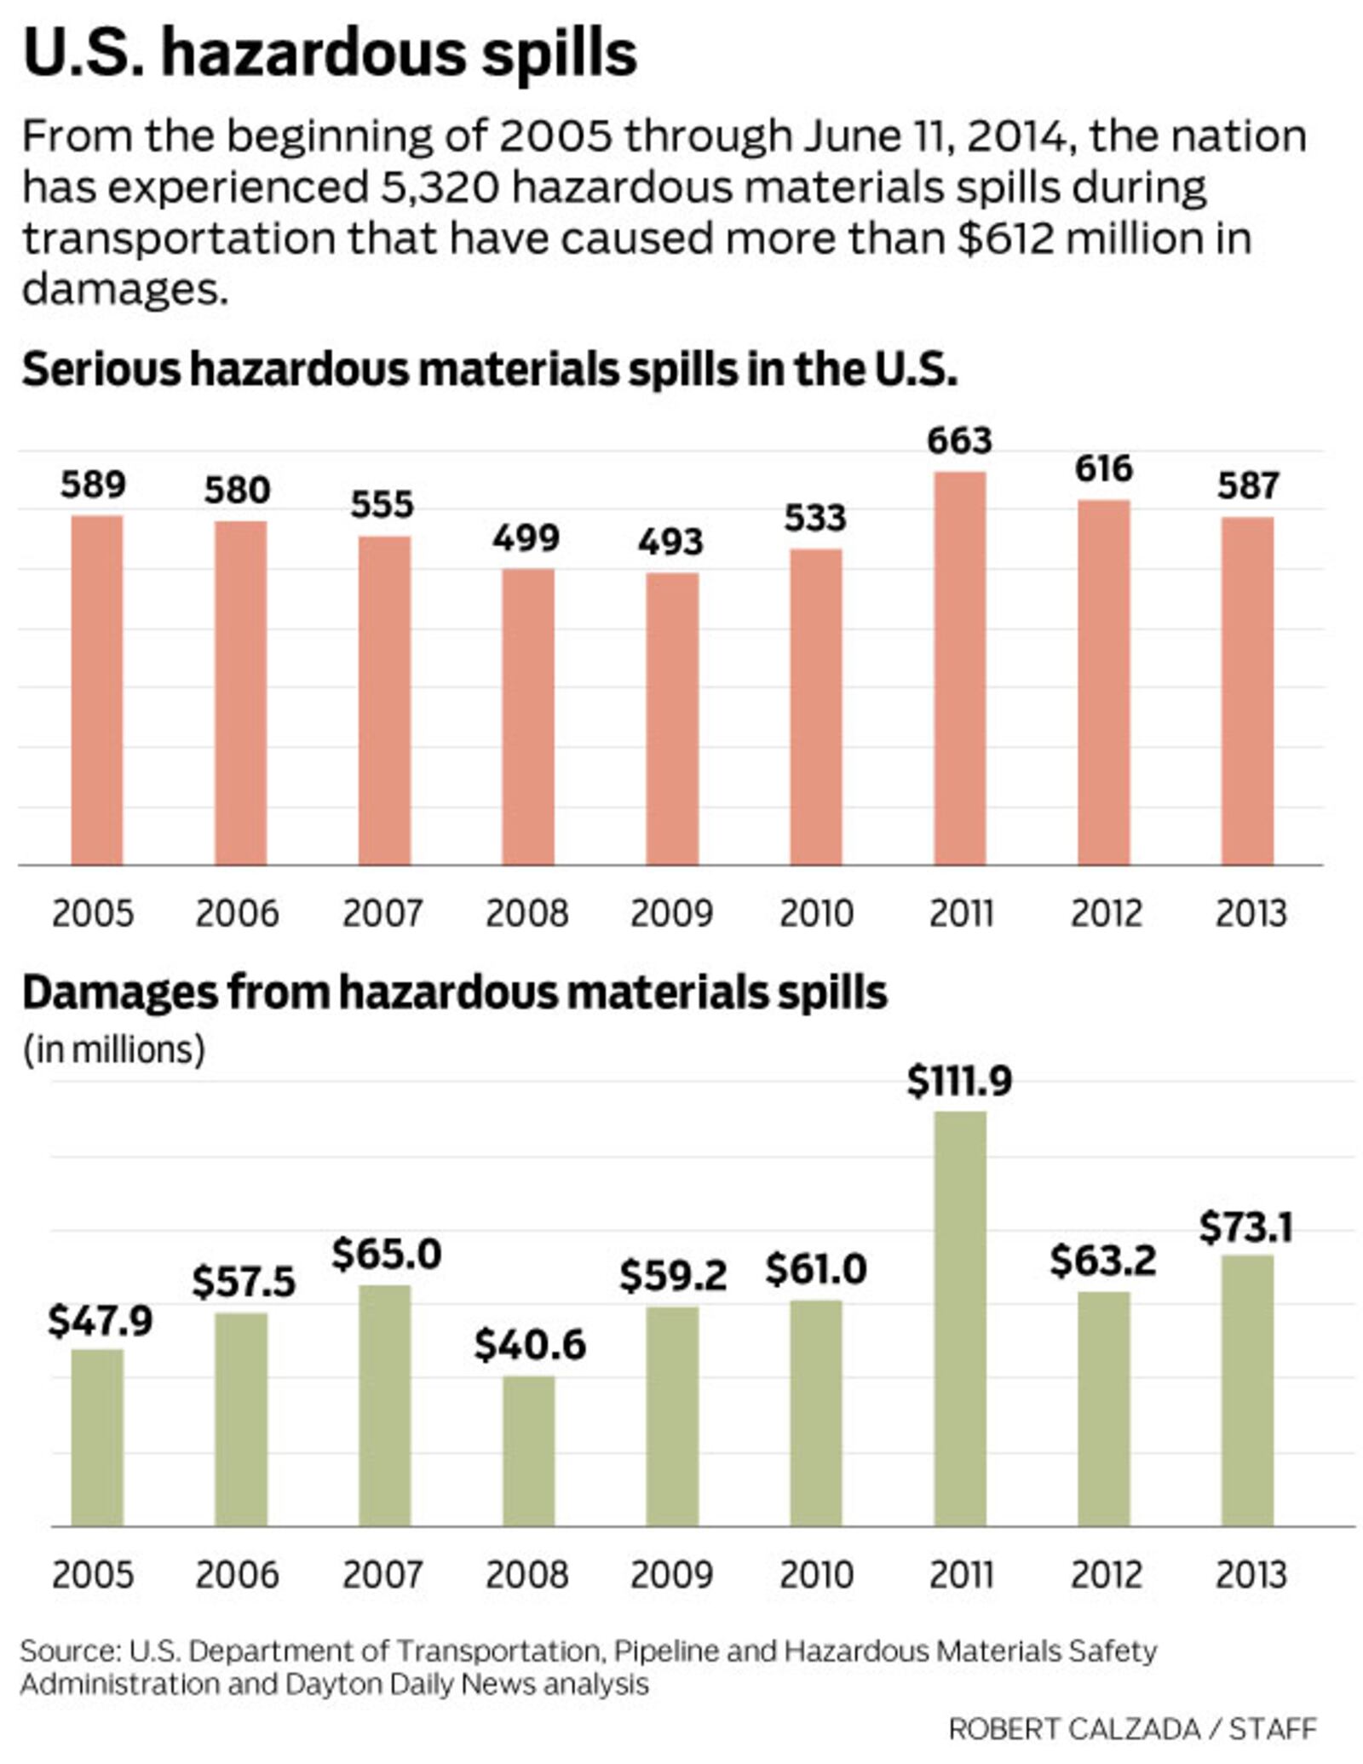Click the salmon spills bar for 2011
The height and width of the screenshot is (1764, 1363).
click(x=960, y=669)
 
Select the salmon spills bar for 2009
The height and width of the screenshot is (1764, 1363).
click(x=672, y=719)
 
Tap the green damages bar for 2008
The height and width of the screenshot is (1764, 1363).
click(x=528, y=1451)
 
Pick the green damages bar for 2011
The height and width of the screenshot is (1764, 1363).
click(x=960, y=1319)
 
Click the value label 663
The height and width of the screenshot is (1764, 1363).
click(x=960, y=440)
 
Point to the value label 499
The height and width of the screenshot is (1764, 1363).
click(x=526, y=537)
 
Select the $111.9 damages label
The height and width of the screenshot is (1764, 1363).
click(x=959, y=1081)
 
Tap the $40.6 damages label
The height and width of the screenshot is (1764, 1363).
click(x=530, y=1345)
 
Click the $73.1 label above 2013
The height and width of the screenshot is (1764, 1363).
click(x=1246, y=1227)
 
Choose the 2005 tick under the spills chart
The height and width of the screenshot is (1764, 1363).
click(x=93, y=914)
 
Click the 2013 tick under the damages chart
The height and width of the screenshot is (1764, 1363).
click(x=1250, y=1575)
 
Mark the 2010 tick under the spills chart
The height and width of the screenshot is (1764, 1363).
click(x=816, y=914)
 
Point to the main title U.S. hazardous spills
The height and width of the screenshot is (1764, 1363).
click(x=330, y=53)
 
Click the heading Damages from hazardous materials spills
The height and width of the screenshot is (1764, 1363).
click(x=454, y=992)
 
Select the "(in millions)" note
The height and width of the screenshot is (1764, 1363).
click(x=113, y=1049)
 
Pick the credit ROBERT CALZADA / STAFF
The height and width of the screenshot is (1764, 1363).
click(x=1132, y=1729)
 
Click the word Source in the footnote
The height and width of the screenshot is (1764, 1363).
click(x=68, y=1651)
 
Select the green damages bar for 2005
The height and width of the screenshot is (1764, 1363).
click(x=97, y=1437)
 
